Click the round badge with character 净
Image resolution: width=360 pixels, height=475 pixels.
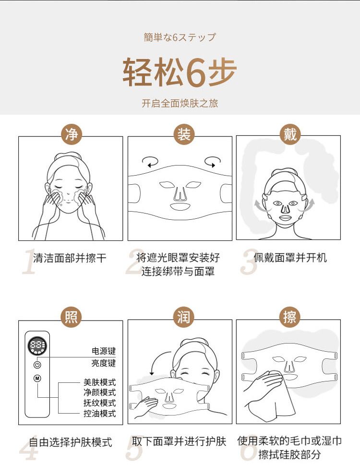tap(71, 134)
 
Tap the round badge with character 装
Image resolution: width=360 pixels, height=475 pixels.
tap(184, 134)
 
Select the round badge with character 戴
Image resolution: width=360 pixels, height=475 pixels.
tap(289, 134)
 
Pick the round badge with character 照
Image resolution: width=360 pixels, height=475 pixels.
tap(71, 317)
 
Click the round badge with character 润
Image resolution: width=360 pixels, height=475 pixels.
tap(184, 317)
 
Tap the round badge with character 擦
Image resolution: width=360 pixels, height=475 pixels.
tap(289, 317)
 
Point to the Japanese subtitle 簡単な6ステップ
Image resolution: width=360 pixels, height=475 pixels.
tap(180, 37)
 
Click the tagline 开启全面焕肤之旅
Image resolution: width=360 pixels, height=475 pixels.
tap(180, 103)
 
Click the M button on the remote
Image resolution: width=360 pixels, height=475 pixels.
tap(37, 379)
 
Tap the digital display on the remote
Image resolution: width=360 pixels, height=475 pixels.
tap(37, 345)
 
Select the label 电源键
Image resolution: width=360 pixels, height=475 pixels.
tap(104, 351)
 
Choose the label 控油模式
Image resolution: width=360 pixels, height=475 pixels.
tap(100, 413)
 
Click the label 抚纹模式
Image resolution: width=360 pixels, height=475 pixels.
tap(100, 403)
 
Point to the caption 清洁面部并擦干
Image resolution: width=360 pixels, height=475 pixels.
tap(70, 258)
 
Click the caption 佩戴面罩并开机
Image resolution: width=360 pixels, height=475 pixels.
tap(290, 258)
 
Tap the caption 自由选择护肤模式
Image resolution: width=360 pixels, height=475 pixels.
tap(71, 442)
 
